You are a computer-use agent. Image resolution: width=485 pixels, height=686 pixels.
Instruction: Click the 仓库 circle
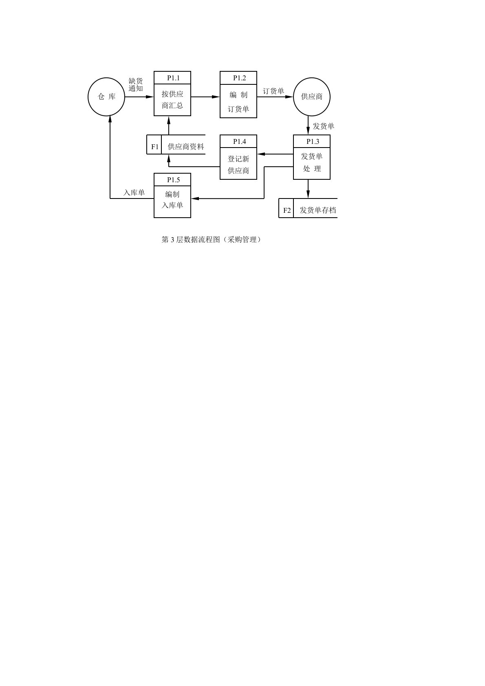tap(106, 97)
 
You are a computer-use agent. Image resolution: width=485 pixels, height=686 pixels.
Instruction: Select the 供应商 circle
tap(312, 97)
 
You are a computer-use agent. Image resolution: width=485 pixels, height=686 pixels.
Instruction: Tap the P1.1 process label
tap(173, 78)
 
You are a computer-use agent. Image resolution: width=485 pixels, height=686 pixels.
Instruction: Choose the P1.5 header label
tap(173, 180)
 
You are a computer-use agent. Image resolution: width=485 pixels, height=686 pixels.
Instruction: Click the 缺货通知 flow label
tap(136, 85)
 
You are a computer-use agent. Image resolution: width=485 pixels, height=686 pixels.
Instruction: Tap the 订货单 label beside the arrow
tap(273, 91)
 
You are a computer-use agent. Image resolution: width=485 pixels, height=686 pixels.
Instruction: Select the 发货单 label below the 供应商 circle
tap(324, 126)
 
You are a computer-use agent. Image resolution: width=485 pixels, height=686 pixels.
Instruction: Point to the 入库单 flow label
tap(134, 192)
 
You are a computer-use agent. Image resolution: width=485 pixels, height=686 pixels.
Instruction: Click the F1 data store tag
tap(155, 147)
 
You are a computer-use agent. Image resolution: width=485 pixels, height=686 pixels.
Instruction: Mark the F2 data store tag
tap(287, 210)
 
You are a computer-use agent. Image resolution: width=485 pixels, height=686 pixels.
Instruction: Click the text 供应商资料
tap(186, 147)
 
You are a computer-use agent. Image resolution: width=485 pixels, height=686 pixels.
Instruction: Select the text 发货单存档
tap(317, 210)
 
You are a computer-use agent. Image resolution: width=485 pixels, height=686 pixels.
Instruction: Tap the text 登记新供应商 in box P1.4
tap(238, 165)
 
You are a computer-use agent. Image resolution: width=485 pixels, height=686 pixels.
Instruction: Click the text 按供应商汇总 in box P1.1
tap(172, 100)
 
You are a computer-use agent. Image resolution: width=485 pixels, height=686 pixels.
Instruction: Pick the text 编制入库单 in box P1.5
tap(172, 200)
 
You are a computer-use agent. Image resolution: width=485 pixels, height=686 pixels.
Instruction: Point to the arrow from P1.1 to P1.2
tap(205, 97)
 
